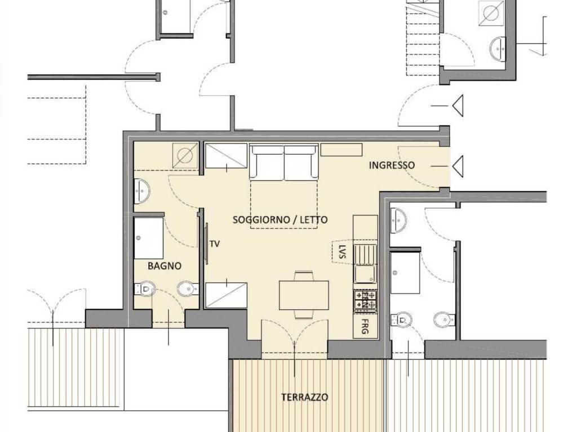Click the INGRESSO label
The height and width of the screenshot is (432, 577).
tap(392, 165)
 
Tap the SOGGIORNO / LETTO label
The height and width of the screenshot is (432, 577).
tap(280, 220)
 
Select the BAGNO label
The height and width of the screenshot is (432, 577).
tap(165, 265)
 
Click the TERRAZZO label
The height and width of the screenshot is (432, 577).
tap(304, 397)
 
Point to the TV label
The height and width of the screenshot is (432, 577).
tap(215, 244)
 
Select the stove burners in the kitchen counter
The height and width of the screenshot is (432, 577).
tap(365, 300)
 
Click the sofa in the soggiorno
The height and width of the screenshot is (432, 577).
tap(284, 163)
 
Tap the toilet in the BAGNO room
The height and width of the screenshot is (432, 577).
tap(146, 289)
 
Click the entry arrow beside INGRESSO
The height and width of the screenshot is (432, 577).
tap(457, 165)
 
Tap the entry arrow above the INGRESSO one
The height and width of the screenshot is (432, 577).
tap(457, 106)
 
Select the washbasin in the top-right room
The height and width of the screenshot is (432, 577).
tap(498, 49)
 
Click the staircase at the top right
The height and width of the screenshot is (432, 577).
tap(423, 39)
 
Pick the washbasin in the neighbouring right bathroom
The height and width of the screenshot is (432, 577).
tap(399, 220)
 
